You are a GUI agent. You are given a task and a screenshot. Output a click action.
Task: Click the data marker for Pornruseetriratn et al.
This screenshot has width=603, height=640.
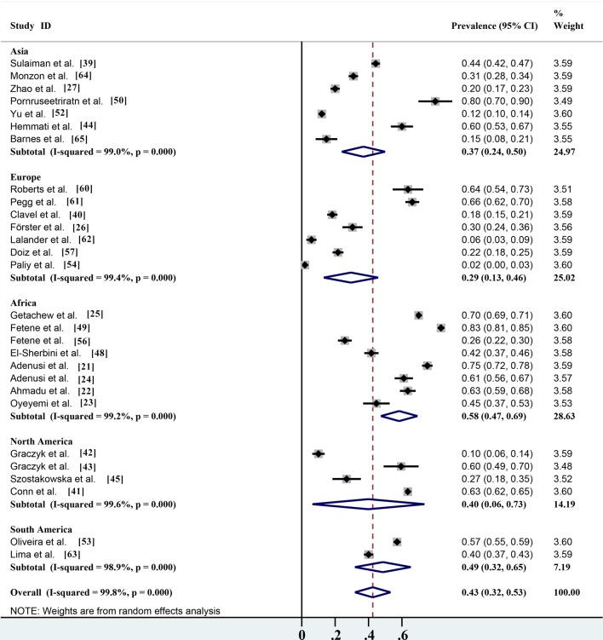[435, 101]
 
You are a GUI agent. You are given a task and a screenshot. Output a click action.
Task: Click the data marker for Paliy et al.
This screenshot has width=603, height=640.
[305, 265]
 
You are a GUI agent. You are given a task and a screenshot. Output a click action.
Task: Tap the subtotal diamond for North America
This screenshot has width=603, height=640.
[369, 504]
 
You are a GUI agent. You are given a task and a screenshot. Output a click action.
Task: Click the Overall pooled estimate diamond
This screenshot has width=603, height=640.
[373, 591]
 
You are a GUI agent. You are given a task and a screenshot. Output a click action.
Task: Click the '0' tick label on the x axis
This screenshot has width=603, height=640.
[302, 633]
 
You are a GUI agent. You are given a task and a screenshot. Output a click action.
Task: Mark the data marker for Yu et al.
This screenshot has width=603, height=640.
[322, 113]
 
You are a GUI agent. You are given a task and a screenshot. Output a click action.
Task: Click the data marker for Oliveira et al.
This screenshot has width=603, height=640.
[397, 542]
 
